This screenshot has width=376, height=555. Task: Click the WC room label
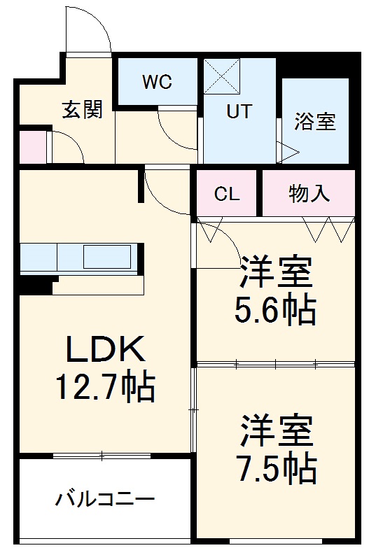[157, 82]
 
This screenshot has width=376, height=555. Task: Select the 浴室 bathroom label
[314, 121]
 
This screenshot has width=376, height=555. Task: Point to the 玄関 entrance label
[83, 110]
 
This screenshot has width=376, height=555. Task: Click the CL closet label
[227, 194]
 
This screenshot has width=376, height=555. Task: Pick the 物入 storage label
[309, 194]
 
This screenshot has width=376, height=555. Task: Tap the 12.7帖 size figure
[105, 386]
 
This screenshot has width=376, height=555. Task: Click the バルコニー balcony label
[105, 500]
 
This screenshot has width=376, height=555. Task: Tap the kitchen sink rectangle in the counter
[106, 258]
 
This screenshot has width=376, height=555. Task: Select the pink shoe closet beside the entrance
[32, 146]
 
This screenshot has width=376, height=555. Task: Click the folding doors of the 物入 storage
[328, 229]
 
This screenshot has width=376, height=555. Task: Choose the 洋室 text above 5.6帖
[274, 272]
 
